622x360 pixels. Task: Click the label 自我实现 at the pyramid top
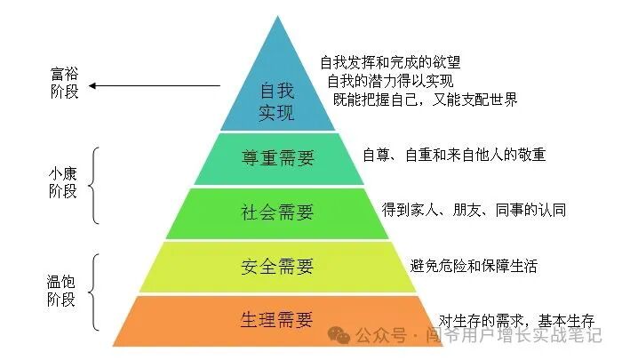coord(276,102)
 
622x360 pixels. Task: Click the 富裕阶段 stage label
coord(64,84)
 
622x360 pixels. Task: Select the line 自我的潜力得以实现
coord(389,81)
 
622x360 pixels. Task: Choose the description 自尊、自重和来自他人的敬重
coord(454,155)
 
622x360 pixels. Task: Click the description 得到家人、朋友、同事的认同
coord(474,210)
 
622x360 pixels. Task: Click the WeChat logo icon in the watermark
coord(339,335)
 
